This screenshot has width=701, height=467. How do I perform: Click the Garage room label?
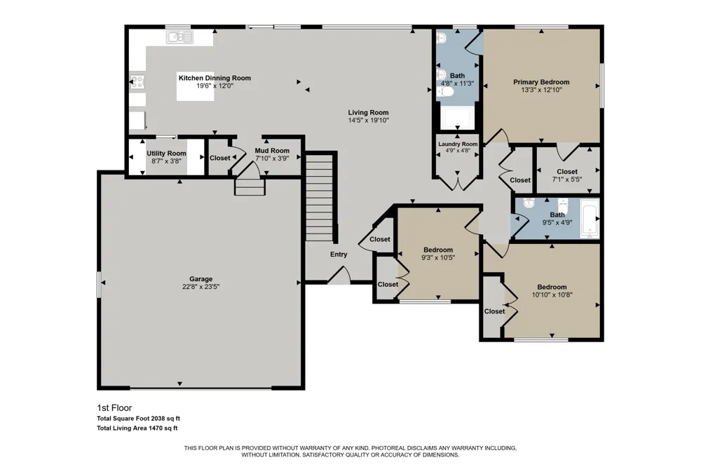tap(200, 278)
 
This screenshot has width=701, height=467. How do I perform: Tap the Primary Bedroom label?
tap(541, 82)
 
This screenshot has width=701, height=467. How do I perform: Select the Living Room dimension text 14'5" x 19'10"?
tap(369, 121)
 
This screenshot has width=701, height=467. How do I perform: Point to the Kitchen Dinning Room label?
tap(215, 78)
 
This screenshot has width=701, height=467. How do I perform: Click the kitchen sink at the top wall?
tap(179, 36)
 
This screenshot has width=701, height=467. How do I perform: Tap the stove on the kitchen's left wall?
tap(137, 82)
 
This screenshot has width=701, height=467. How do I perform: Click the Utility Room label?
tap(166, 153)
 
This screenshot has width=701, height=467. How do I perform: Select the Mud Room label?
tap(272, 151)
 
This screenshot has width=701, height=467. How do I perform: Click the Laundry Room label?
tap(458, 144)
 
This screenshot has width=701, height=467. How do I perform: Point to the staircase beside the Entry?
tap(319, 197)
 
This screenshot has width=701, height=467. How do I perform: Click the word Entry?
tap(339, 254)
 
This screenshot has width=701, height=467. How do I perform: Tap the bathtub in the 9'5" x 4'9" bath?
tap(590, 218)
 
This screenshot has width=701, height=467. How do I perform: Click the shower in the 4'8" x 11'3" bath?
tap(457, 118)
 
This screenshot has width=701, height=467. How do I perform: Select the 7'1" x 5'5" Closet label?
tap(567, 171)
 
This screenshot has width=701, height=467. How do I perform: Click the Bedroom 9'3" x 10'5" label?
tap(438, 250)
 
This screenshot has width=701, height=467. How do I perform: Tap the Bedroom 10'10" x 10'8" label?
tap(552, 287)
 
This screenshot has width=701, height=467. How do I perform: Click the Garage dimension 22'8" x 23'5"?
tap(200, 287)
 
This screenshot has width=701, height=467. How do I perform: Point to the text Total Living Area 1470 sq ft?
tap(137, 428)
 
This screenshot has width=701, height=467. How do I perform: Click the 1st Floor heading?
tap(114, 408)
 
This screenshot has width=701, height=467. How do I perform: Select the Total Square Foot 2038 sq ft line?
tap(139, 419)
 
